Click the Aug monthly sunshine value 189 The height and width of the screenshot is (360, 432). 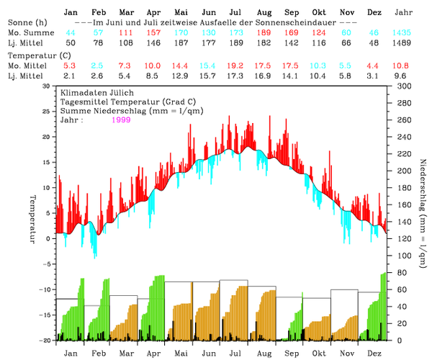(264, 34)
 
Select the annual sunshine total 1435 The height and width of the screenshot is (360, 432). (403, 34)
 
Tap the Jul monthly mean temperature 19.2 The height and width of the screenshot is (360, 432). (235, 66)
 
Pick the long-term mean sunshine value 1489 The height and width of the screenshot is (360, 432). (403, 44)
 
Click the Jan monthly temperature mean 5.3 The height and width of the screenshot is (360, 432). (70, 66)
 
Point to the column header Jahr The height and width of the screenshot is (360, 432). (404, 13)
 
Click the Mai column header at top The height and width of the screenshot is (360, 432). (181, 13)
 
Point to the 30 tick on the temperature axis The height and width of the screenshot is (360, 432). (47, 86)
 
